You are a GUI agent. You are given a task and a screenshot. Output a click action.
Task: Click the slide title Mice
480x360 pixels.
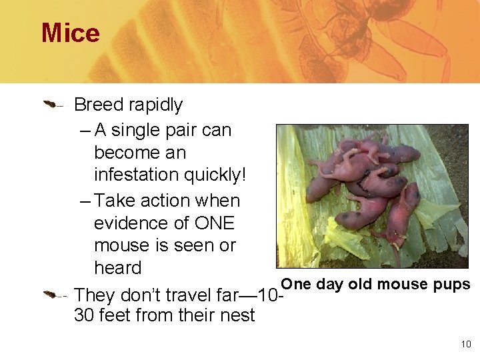(71, 33)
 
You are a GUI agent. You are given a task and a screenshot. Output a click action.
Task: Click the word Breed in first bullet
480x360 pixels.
(99, 105)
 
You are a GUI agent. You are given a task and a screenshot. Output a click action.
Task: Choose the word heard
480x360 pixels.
(118, 268)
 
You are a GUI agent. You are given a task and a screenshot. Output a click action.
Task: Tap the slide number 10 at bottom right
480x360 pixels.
(465, 344)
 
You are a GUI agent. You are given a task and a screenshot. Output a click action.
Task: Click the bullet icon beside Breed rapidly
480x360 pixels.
(53, 104)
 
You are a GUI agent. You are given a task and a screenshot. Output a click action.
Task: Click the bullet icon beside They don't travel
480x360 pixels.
(53, 294)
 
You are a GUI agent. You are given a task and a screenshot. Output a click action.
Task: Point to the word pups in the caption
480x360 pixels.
(453, 285)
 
